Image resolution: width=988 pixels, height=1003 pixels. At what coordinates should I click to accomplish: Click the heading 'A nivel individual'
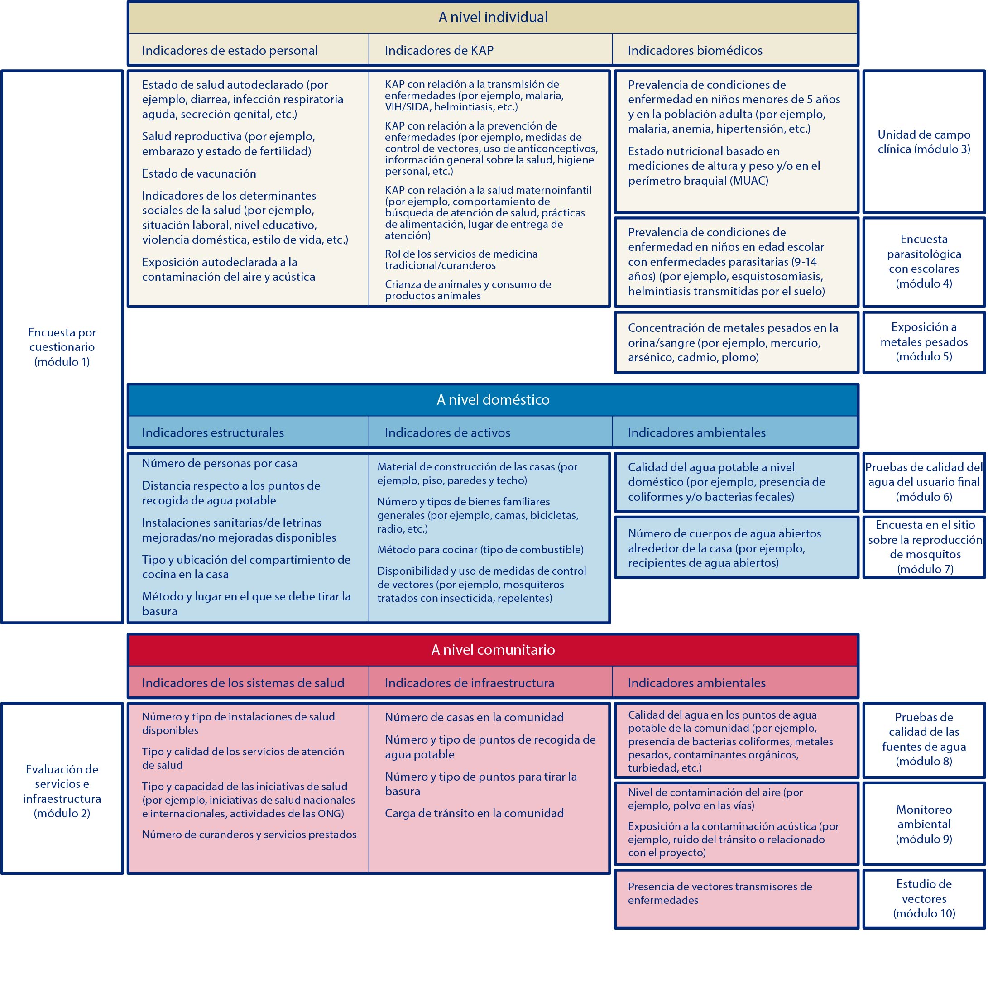pyautogui.click(x=493, y=18)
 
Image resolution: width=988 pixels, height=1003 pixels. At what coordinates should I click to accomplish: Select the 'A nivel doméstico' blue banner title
pyautogui.click(x=493, y=399)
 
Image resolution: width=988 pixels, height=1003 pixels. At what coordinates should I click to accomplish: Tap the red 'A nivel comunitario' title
pyautogui.click(x=493, y=650)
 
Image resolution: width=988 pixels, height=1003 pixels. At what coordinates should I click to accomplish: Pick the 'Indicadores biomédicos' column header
pyautogui.click(x=695, y=50)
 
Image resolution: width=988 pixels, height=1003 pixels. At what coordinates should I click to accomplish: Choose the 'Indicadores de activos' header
pyautogui.click(x=447, y=433)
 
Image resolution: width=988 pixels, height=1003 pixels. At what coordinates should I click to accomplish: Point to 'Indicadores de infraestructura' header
pyautogui.click(x=469, y=683)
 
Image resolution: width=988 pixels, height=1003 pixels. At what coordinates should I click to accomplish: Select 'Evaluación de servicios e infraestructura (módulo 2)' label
pyautogui.click(x=62, y=791)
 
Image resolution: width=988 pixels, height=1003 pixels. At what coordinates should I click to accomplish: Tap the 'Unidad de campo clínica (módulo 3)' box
pyautogui.click(x=924, y=142)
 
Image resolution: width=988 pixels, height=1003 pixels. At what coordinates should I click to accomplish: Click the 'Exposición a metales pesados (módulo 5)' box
pyautogui.click(x=924, y=341)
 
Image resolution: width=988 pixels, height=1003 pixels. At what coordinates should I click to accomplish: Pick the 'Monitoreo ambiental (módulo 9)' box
pyautogui.click(x=924, y=824)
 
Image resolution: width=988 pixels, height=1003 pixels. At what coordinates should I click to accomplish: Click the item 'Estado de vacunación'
pyautogui.click(x=199, y=173)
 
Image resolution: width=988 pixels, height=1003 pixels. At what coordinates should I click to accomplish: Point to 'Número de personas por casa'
pyautogui.click(x=220, y=463)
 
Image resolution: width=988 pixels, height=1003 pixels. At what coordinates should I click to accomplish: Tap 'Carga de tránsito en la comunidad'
pyautogui.click(x=474, y=813)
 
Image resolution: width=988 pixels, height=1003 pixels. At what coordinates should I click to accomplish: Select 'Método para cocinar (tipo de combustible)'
pyautogui.click(x=480, y=549)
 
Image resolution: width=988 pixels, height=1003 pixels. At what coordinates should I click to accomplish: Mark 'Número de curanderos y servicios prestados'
pyautogui.click(x=249, y=835)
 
